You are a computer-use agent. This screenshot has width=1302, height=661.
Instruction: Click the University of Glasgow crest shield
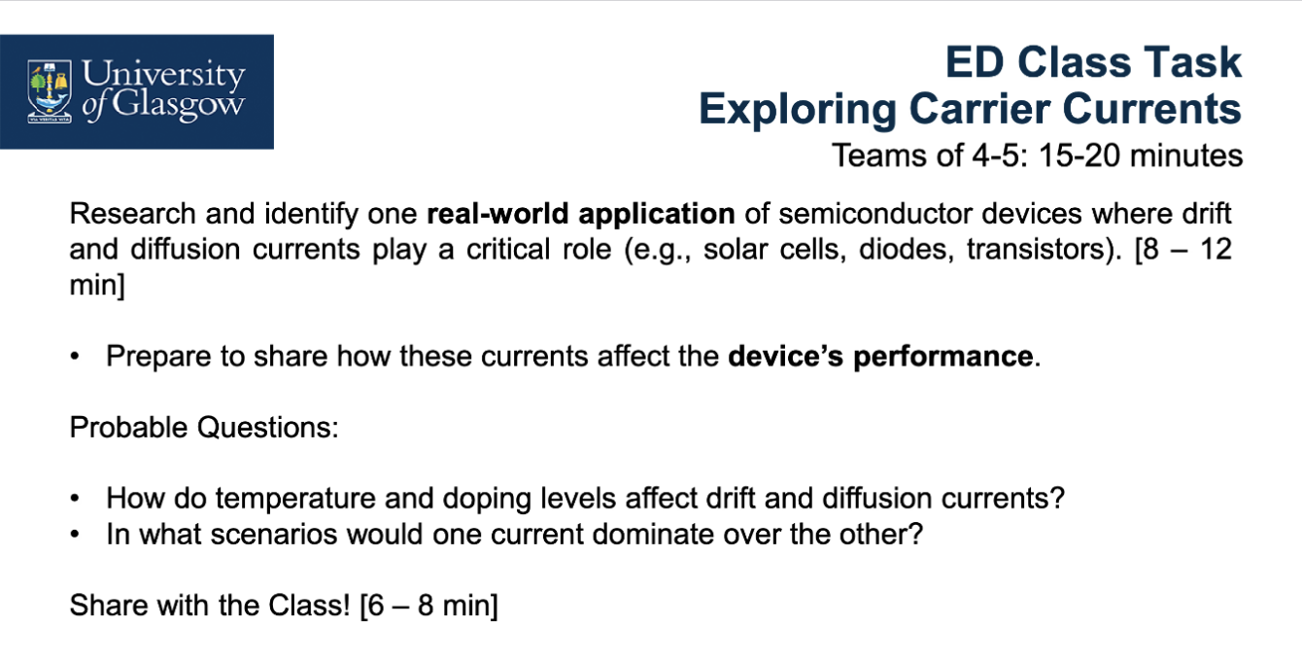[50, 90]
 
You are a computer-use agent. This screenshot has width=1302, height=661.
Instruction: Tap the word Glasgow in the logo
[178, 106]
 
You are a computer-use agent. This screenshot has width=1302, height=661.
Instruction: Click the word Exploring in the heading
[798, 109]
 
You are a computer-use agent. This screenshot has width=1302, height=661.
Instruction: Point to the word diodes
[907, 250]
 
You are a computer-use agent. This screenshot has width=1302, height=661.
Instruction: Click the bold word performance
[943, 357]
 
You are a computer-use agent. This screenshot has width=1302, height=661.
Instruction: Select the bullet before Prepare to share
[75, 357]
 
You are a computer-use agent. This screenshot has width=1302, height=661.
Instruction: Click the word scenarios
[274, 535]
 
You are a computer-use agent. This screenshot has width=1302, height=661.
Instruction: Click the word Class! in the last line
[309, 606]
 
